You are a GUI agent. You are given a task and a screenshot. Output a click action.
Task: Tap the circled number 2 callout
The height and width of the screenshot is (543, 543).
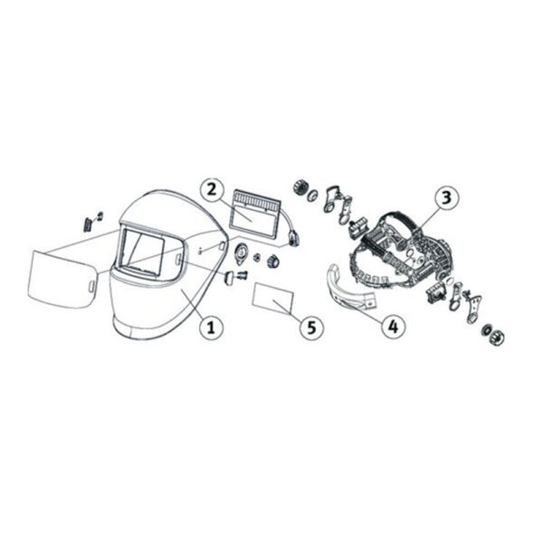(x=211, y=190)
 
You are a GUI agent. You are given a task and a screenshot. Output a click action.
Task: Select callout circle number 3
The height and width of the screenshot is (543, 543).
(x=446, y=197)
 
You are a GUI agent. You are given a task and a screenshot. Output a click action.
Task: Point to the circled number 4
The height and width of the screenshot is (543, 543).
(x=393, y=326)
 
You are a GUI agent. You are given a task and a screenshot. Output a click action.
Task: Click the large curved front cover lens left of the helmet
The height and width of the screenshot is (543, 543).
(x=63, y=280)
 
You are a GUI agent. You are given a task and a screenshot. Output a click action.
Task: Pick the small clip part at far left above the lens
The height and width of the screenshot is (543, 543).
(x=92, y=222)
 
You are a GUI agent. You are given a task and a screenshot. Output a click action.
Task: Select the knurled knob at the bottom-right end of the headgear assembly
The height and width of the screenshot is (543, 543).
(x=496, y=337)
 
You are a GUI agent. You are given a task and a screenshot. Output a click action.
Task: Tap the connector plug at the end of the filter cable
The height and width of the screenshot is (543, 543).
(x=294, y=240)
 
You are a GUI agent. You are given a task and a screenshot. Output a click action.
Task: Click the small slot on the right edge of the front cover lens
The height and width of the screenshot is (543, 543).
(x=91, y=286)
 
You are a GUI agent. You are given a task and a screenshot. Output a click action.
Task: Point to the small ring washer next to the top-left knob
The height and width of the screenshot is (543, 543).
(x=312, y=195)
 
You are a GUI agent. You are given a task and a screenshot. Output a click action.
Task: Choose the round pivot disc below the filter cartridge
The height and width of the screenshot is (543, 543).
(x=241, y=252)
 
